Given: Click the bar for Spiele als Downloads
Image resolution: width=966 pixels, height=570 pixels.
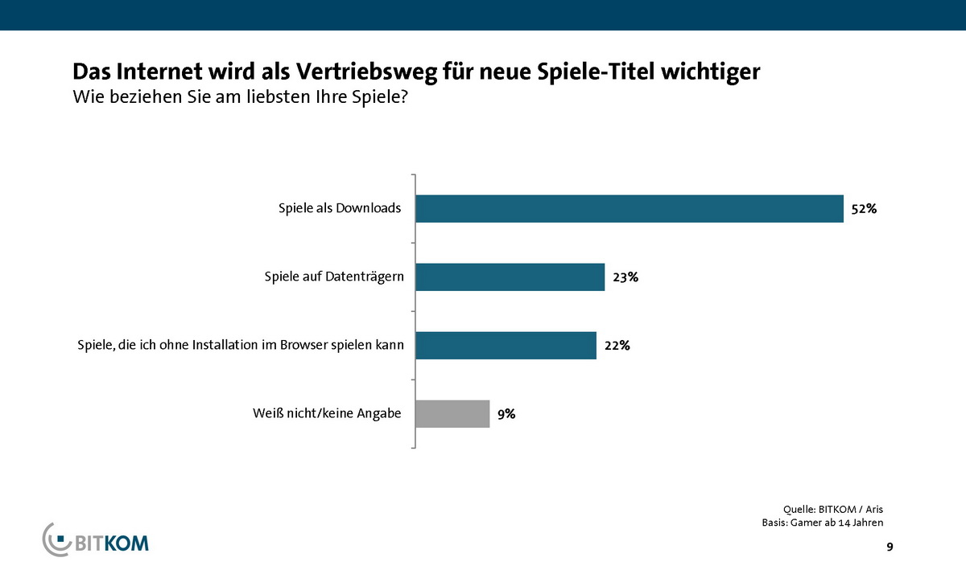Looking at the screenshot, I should click(x=629, y=208).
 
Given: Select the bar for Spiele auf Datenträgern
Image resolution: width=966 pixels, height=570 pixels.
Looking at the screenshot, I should click(x=510, y=277).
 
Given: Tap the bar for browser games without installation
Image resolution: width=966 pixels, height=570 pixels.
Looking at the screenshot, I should click(x=506, y=346).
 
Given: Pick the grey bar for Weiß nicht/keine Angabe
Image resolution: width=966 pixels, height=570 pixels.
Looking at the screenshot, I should click(x=452, y=414).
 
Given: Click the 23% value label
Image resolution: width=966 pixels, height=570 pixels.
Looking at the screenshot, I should click(x=625, y=277).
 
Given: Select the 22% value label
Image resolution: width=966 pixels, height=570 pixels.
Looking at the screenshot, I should click(x=617, y=347).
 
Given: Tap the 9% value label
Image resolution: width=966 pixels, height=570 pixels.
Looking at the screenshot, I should click(x=506, y=415).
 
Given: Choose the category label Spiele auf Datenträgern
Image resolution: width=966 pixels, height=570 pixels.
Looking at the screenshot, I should click(x=334, y=277).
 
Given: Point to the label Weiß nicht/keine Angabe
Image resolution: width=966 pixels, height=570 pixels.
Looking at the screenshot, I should click(x=327, y=415).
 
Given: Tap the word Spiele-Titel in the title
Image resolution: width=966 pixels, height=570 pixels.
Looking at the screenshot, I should click(x=586, y=72).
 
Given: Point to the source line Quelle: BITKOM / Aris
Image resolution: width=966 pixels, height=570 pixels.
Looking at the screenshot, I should click(x=838, y=509).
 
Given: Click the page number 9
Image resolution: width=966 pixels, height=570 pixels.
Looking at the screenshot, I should click(x=890, y=547).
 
